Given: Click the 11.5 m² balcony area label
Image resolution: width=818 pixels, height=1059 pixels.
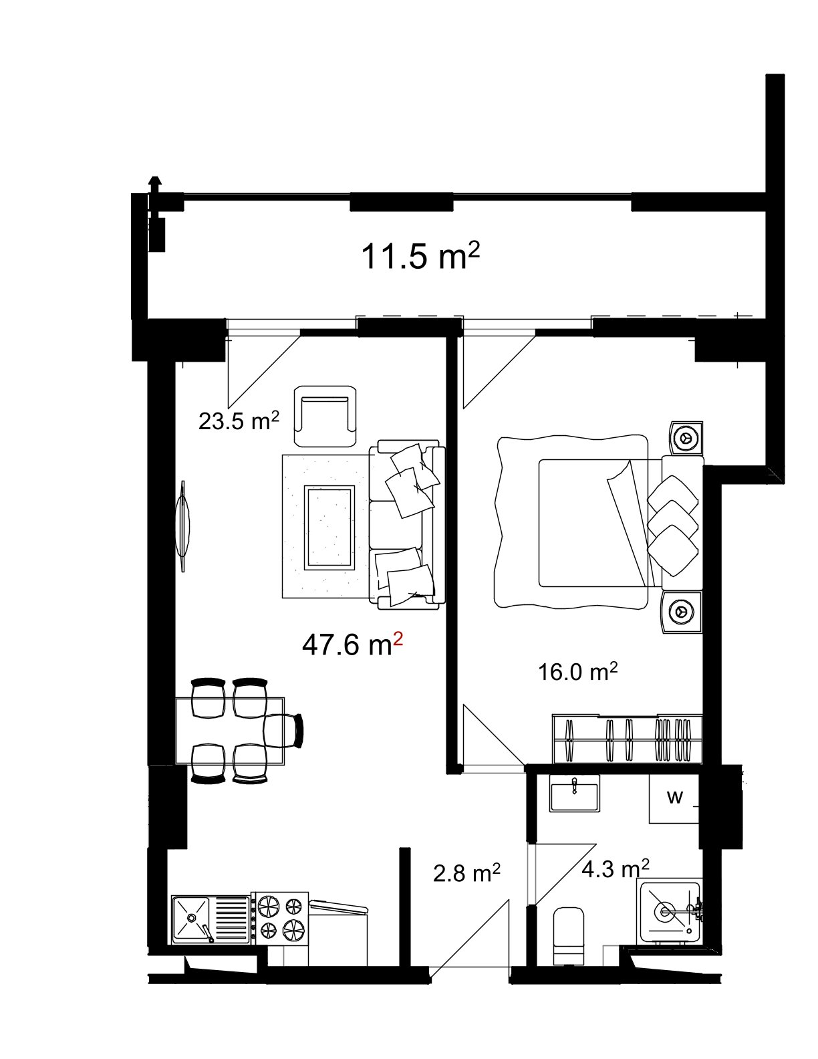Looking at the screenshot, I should (420, 257).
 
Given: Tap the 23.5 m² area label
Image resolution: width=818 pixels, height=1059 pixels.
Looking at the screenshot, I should (239, 421).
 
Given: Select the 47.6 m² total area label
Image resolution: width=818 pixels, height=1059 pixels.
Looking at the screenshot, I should (352, 645).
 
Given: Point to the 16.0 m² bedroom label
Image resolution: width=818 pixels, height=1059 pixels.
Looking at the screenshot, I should (577, 671).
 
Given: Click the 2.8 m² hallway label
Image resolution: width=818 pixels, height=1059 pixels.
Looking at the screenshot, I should (466, 873).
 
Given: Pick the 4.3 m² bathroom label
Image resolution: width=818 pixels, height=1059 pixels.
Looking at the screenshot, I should (615, 870).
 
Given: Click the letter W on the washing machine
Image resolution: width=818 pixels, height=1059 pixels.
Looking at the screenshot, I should (675, 797).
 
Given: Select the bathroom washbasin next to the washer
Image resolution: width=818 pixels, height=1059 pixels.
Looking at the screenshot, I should (574, 794).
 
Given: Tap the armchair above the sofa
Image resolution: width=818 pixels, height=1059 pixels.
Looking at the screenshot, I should (325, 416).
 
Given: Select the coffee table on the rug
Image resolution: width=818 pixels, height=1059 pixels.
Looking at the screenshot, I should (329, 528).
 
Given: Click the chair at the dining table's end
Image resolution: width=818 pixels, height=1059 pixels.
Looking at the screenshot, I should (283, 731).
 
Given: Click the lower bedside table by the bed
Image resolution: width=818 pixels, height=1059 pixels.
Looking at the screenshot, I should (682, 612).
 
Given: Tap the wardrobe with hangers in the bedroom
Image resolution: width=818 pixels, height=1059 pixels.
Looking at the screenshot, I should (628, 739).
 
